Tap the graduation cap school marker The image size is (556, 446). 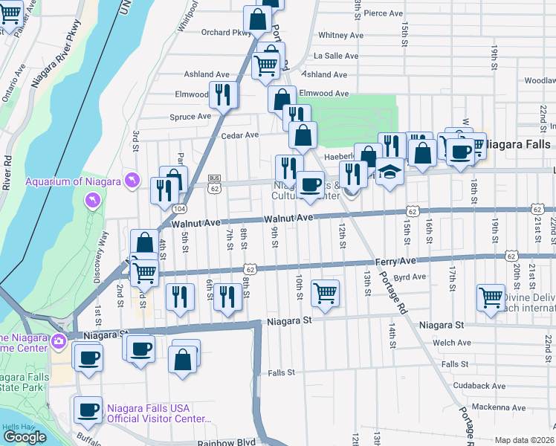389,172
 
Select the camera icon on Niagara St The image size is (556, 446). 58,341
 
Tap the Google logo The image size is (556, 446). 25,437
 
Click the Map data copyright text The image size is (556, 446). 525,440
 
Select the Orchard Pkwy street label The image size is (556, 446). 227,33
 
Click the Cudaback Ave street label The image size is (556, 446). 479,386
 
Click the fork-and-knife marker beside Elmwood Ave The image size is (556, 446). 222,94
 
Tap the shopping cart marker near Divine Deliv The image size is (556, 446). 491,297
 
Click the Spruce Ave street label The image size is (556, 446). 191,117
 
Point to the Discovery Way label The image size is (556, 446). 102,258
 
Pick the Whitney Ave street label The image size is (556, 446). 340,35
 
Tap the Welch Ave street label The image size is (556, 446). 456,343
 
